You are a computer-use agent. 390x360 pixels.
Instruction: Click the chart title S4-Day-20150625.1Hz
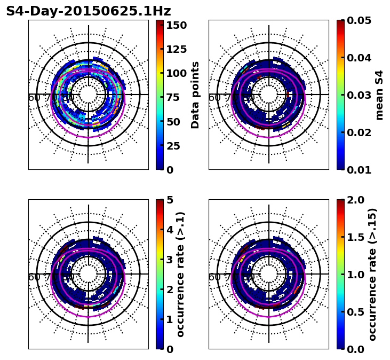coord(88,11)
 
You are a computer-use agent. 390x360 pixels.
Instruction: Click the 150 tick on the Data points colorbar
coord(176,25)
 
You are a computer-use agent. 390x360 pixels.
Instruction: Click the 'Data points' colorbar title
coord(196,95)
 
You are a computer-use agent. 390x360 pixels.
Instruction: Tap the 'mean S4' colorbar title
coord(379,95)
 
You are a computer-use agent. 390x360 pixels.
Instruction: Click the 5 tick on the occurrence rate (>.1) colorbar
coord(170,200)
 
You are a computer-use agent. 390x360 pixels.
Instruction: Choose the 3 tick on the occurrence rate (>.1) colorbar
coord(170,260)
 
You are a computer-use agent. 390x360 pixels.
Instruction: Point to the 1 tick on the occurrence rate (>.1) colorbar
coord(170,319)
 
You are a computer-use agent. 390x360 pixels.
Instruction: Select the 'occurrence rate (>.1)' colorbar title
coord(181,274)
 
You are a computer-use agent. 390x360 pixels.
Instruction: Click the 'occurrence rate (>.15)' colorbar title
coord(372,274)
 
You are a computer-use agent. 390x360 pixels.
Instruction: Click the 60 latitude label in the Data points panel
coord(34,98)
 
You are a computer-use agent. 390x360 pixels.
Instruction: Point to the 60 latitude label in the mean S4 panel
coord(214,98)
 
